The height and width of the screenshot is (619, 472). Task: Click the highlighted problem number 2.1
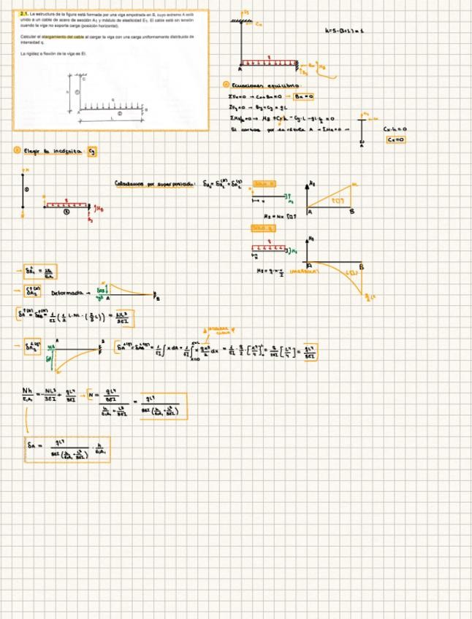24,14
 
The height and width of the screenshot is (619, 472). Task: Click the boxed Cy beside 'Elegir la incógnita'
91,151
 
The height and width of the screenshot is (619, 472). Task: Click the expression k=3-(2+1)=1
344,31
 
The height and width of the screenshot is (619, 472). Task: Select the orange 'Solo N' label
264,183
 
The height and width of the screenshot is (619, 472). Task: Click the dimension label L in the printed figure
111,117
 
